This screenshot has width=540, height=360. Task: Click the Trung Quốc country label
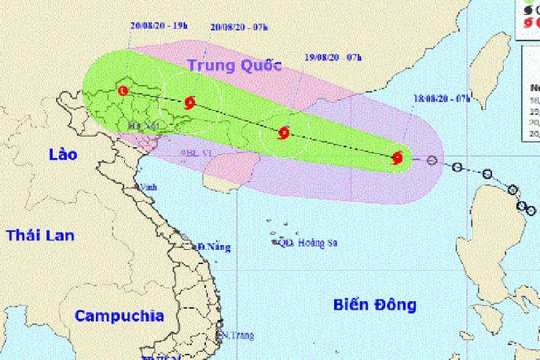(x=232, y=65)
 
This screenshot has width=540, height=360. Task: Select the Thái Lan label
(x=40, y=235)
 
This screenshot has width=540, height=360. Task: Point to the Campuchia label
(x=118, y=315)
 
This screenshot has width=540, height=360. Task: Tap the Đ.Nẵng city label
(x=213, y=247)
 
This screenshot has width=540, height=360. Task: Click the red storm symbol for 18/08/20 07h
(x=398, y=157)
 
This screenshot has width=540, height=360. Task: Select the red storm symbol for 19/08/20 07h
(x=284, y=132)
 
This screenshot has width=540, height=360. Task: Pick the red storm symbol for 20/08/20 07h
(x=190, y=103)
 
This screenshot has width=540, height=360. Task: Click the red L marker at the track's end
(x=123, y=89)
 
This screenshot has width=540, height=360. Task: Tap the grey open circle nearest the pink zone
(x=432, y=160)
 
